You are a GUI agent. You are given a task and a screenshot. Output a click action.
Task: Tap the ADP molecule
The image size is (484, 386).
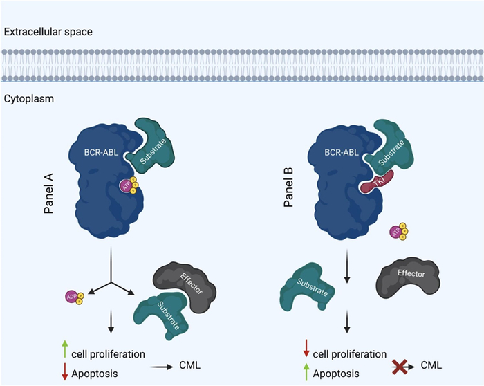(74, 297)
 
